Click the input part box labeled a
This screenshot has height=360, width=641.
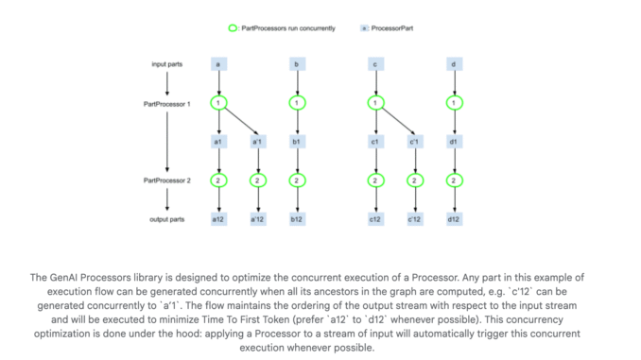[218, 63]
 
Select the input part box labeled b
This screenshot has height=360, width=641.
[297, 63]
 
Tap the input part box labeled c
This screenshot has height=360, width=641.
[375, 63]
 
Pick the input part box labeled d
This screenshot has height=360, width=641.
[454, 63]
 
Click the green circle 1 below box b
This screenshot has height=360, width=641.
[297, 102]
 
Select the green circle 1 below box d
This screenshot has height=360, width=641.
[454, 102]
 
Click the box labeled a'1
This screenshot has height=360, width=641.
[257, 142]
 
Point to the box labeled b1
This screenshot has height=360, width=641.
[297, 142]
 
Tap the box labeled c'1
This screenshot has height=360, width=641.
[414, 142]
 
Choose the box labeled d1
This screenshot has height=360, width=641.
[454, 142]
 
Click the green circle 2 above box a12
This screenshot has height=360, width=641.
[218, 180]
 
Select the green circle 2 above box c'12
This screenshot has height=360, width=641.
[414, 180]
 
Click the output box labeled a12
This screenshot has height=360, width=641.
[218, 219]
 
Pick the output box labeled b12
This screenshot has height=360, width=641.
[297, 219]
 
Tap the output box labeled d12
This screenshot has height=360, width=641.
[454, 219]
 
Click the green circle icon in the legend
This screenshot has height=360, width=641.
[234, 28]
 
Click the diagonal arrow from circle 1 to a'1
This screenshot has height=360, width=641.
[239, 121]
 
